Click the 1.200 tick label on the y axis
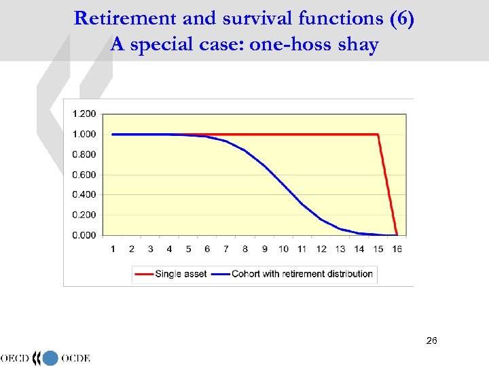coord(84,113)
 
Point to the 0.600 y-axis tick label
coord(84,175)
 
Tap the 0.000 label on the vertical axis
coord(84,235)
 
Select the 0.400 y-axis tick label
coord(84,194)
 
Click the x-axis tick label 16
coord(397,249)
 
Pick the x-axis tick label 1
coord(113,249)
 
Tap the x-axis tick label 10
coord(283,249)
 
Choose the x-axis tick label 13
coord(340,249)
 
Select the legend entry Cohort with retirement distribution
coord(302,274)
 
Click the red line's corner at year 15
coord(378,135)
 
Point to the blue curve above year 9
coord(265,165)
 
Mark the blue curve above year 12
coord(321,219)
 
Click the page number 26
coord(431,339)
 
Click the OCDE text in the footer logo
coord(75,358)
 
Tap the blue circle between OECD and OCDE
coord(51,358)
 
